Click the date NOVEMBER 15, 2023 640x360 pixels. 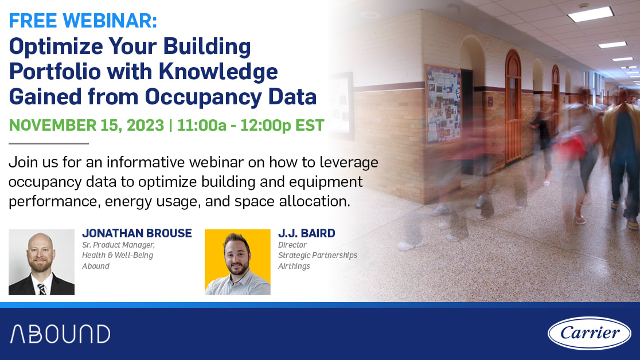pyautogui.click(x=86, y=125)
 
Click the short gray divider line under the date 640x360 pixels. pyautogui.click(x=49, y=143)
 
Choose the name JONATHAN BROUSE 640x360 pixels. pyautogui.click(x=137, y=233)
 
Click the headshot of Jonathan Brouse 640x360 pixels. pyautogui.click(x=41, y=262)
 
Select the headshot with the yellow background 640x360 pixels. pyautogui.click(x=237, y=262)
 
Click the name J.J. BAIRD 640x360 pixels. pyautogui.click(x=306, y=233)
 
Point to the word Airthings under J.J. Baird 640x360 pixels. pyautogui.click(x=294, y=266)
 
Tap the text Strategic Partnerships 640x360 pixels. pyautogui.click(x=318, y=255)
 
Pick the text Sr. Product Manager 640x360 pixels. pyautogui.click(x=118, y=245)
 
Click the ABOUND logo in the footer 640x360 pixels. pyautogui.click(x=60, y=334)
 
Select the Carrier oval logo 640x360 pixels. pyautogui.click(x=589, y=333)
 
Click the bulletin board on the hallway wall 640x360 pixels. pyautogui.click(x=443, y=103)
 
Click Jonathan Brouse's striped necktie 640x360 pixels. pyautogui.click(x=42, y=288)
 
